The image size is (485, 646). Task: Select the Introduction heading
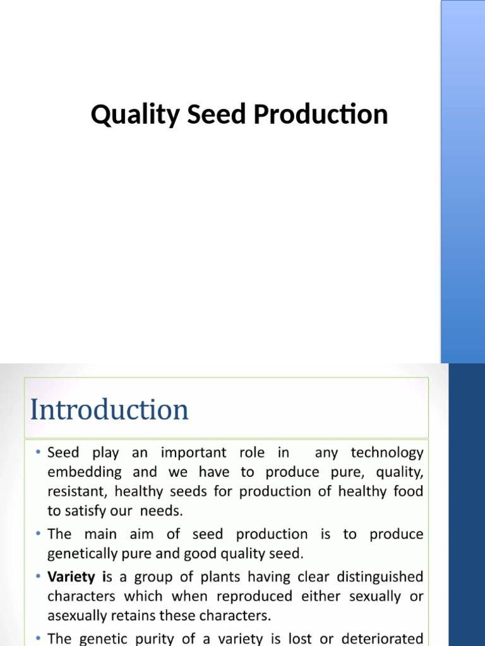point(109,410)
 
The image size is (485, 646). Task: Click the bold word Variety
point(71,577)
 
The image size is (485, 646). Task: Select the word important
point(193,453)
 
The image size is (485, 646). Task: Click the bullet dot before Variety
point(38,577)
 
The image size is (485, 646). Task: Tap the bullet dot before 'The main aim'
point(38,534)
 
